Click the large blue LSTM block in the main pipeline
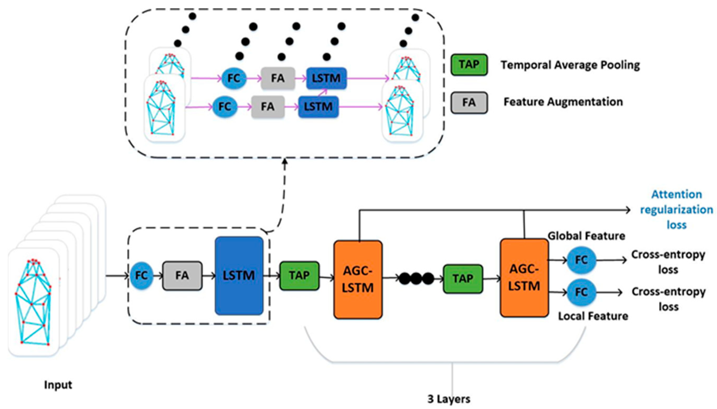point(239,276)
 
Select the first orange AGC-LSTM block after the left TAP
point(358,280)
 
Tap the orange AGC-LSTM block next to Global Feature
point(524,278)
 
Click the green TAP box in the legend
point(469,65)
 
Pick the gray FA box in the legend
point(469,103)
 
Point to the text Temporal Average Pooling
point(570,65)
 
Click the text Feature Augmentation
point(563,102)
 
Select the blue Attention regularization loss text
point(676,209)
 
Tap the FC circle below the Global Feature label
point(581,260)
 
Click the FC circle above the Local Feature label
point(581,292)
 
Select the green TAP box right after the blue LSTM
point(299,276)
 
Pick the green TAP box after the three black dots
point(463,279)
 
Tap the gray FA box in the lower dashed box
point(182,276)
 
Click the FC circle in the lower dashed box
point(141,276)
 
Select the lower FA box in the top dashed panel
point(268,107)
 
